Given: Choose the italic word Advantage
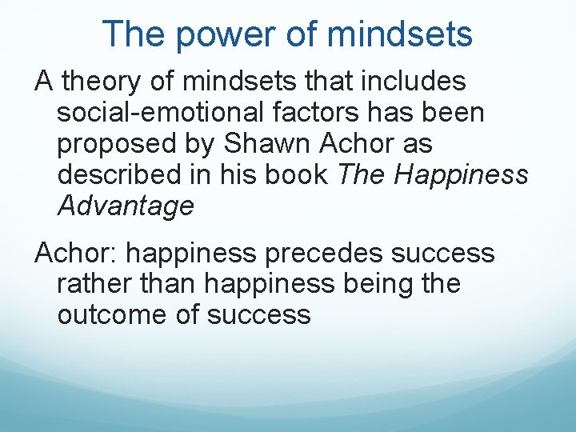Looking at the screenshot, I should click(126, 206).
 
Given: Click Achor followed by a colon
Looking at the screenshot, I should click(76, 253).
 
